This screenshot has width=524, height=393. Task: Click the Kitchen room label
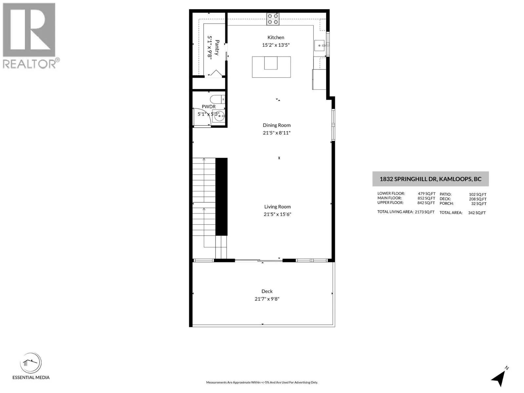tap(276, 37)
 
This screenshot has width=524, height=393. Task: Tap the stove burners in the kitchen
tap(273, 19)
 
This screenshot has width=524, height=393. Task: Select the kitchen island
tap(271, 67)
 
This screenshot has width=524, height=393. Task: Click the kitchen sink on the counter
tap(320, 45)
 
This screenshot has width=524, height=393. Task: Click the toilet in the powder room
tap(217, 99)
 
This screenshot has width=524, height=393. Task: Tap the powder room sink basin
tap(218, 116)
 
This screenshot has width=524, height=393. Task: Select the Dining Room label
tap(277, 125)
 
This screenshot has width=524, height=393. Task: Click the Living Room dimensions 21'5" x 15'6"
tap(277, 214)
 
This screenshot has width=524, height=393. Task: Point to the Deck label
tap(267, 291)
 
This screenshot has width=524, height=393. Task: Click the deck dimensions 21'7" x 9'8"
tap(267, 299)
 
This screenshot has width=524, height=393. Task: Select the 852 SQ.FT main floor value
tap(426, 198)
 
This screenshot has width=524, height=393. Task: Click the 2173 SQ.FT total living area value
tap(425, 212)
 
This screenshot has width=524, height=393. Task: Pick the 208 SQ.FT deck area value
tap(477, 199)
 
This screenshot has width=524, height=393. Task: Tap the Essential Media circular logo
tap(31, 363)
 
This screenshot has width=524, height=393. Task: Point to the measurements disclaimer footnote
tap(262, 383)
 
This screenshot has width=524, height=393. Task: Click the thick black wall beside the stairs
tap(221, 197)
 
